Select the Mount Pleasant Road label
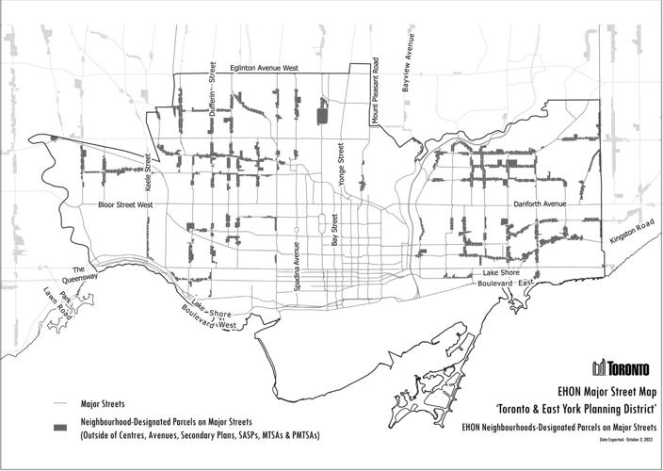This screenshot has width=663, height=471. coord(375,90)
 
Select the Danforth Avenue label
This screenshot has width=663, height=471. coord(540,203)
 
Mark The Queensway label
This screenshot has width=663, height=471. coord(79,278)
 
